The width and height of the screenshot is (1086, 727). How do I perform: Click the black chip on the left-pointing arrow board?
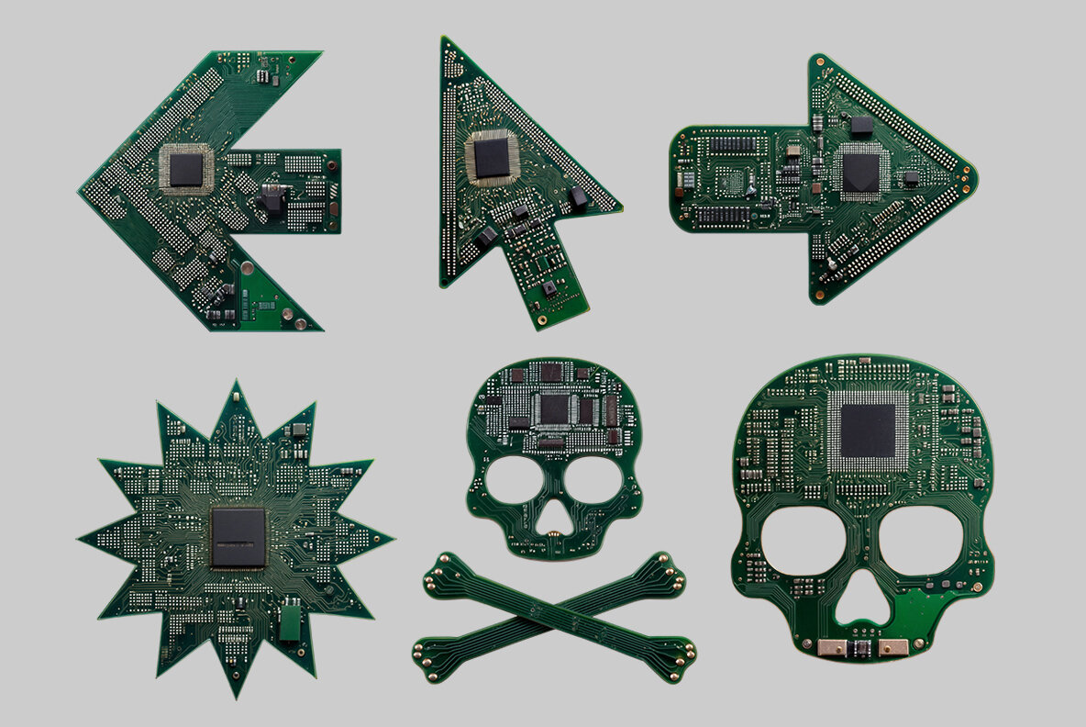point(186,169)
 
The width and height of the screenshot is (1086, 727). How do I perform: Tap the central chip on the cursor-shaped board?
point(491,158)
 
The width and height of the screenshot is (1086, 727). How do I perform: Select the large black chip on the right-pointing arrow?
point(860,172)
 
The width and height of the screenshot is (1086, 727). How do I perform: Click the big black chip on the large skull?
point(868,431)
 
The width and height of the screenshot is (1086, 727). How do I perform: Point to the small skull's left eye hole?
point(512,480)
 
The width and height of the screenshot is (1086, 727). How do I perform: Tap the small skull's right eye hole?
point(593,480)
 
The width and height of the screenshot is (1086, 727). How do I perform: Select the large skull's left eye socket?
point(800,539)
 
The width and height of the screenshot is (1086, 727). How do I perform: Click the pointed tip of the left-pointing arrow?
point(81,190)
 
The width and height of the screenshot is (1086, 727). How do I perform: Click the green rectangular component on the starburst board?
point(290,621)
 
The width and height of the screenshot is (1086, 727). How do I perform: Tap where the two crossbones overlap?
point(554,617)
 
